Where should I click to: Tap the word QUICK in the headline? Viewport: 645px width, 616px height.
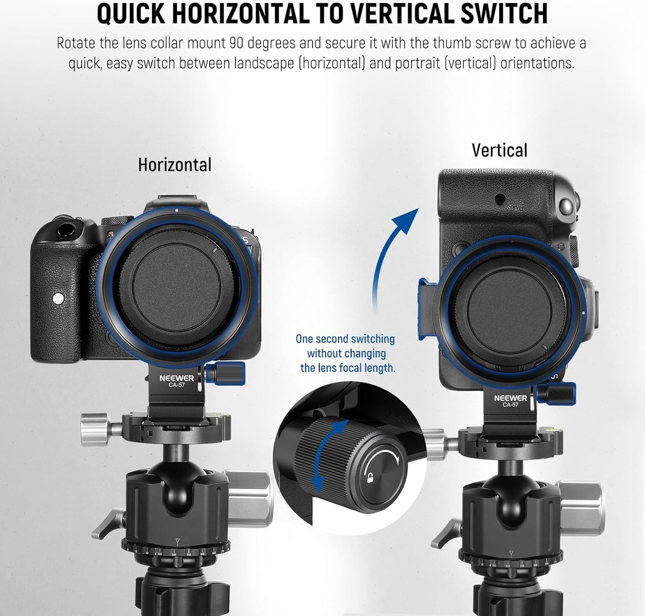tap(131, 13)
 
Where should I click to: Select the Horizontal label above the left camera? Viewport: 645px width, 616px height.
tap(175, 165)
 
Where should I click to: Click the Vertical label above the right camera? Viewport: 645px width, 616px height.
tap(499, 150)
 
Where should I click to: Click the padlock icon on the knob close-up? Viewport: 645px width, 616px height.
tap(370, 478)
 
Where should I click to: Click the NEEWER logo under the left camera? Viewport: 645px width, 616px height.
tap(177, 378)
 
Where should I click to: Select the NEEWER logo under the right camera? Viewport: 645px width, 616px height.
tap(511, 398)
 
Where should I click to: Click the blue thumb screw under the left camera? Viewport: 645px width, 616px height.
tap(225, 373)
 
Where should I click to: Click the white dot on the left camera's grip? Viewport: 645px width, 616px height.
tap(58, 298)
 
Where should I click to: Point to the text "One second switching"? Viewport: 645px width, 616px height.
tap(345, 339)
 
